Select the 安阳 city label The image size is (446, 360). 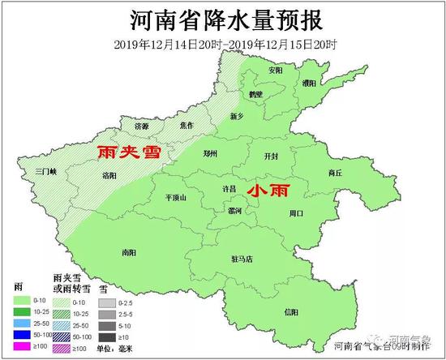pos(277,70)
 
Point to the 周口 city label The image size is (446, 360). pos(296,212)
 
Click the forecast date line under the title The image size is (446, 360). pos(222,42)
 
